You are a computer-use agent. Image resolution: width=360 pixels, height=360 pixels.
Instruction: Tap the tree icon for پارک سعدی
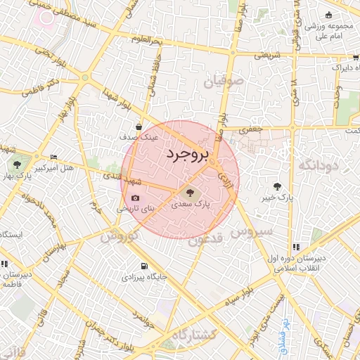coord(188,193)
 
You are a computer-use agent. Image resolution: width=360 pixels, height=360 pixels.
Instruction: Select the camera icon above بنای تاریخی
coord(136,198)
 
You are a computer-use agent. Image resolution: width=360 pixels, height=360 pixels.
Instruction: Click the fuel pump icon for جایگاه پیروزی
coord(144,266)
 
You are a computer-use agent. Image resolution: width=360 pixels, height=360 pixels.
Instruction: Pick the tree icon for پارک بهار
coord(17,165)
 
